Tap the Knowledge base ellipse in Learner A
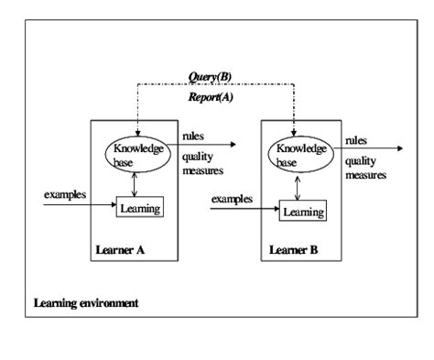tap(136, 153)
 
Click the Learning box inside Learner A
tap(139, 208)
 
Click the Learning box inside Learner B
tap(302, 213)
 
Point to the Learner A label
tap(120, 249)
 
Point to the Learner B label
tap(291, 249)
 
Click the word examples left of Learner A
tap(64, 195)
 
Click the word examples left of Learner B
tap(231, 199)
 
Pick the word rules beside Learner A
tap(193, 136)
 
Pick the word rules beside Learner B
tap(355, 140)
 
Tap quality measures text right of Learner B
tap(365, 167)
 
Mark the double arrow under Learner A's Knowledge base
tap(136, 184)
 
